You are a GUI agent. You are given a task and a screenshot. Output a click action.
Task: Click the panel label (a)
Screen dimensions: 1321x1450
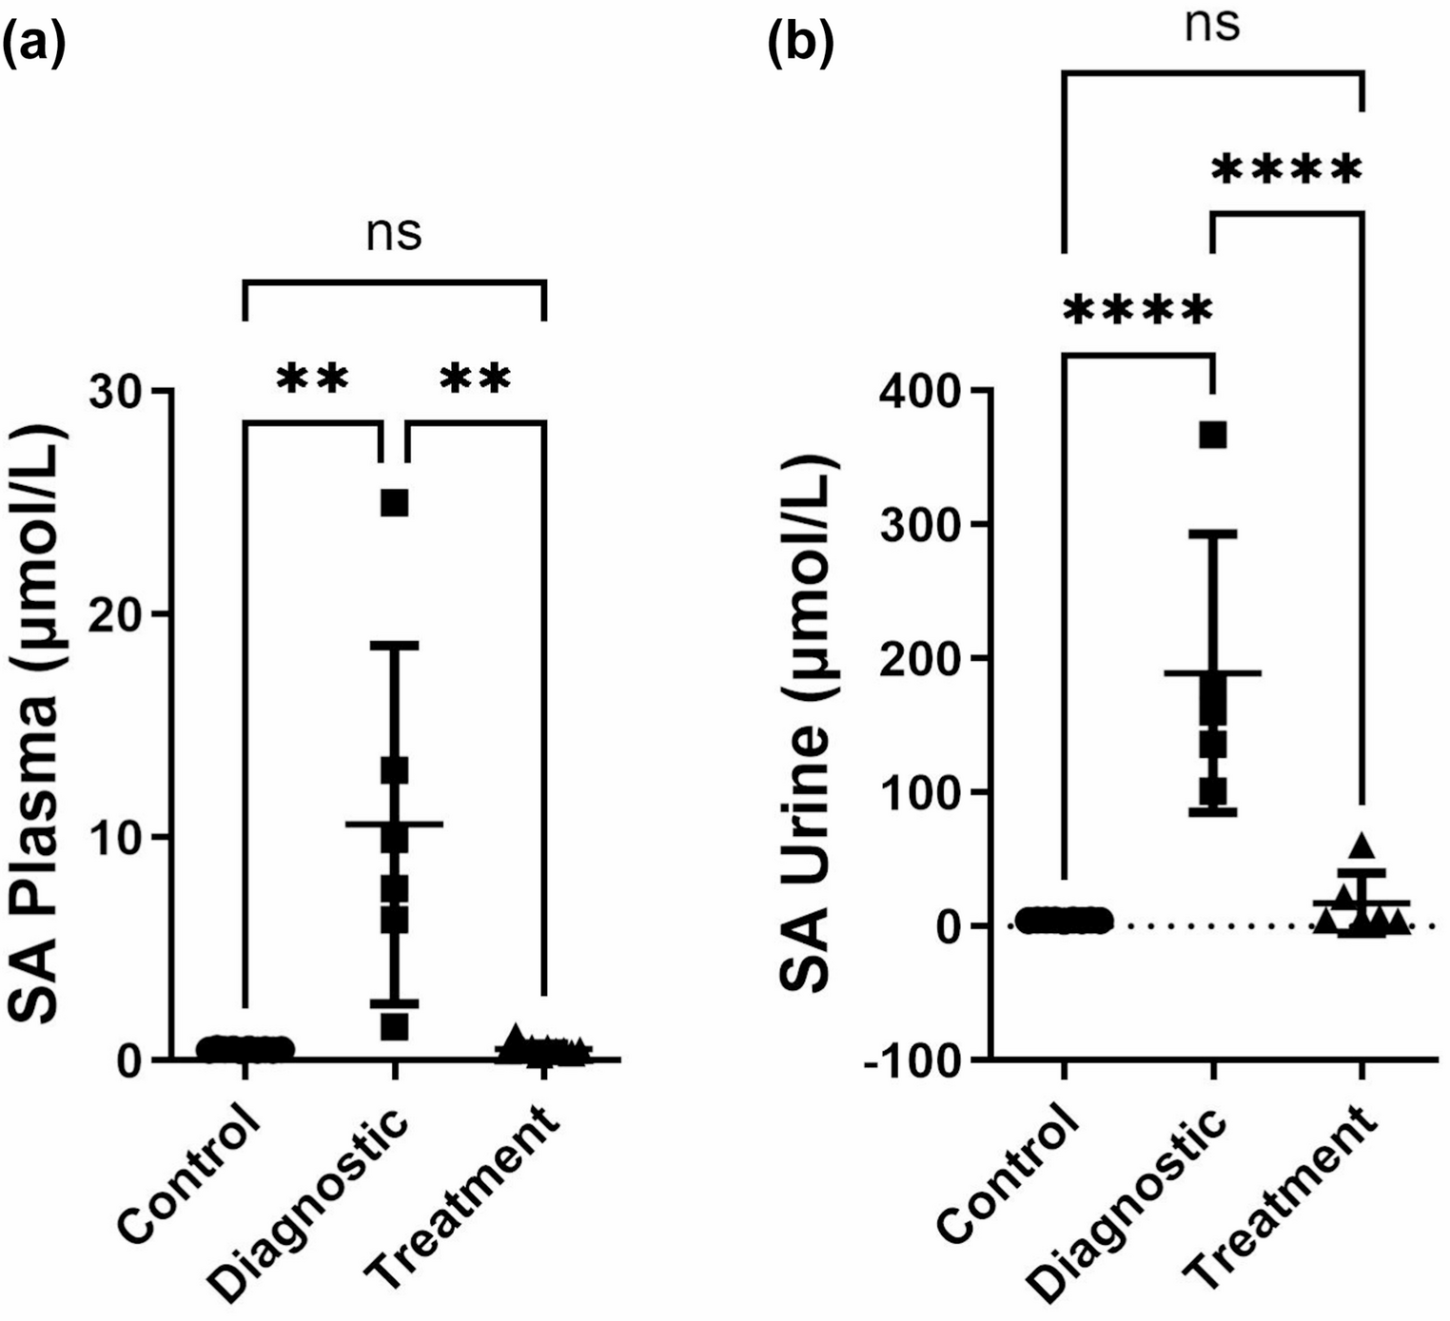tap(34, 45)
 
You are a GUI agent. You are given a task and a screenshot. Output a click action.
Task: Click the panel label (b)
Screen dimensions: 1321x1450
tap(800, 45)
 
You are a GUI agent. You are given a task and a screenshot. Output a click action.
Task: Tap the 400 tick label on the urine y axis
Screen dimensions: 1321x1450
tap(917, 391)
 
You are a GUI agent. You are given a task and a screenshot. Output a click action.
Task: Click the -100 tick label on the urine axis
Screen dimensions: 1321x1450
tap(911, 1060)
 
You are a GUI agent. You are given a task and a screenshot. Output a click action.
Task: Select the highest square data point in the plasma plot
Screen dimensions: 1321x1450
tap(394, 503)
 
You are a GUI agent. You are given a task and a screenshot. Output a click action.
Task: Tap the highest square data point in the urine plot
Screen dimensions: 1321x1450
tap(1213, 435)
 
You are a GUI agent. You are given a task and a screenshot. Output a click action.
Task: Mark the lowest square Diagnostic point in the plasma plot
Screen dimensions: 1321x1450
tap(394, 1027)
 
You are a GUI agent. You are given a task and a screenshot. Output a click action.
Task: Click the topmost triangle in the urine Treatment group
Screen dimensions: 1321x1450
tap(1362, 845)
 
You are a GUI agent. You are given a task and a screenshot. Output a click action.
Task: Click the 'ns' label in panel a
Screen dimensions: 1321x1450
tap(394, 234)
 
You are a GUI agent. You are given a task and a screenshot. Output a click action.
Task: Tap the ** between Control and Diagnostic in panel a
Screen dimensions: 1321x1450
tap(313, 379)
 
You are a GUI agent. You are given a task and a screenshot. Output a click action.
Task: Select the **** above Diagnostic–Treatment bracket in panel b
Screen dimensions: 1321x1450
tap(1287, 170)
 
